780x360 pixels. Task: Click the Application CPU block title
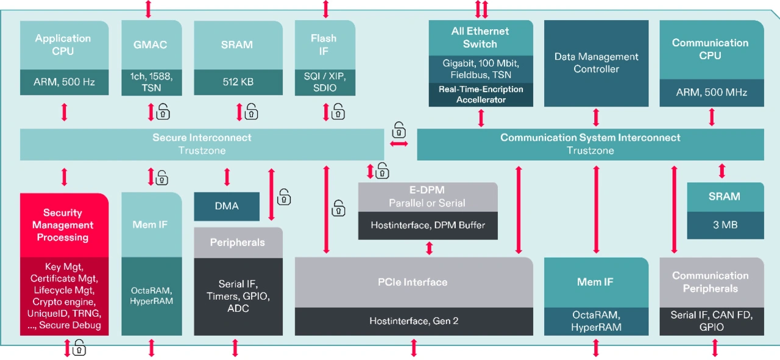click(x=63, y=44)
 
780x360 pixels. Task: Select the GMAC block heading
click(x=150, y=44)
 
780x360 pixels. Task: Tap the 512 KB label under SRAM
click(x=237, y=82)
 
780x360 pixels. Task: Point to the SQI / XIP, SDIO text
click(x=324, y=82)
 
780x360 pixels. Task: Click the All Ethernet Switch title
click(x=480, y=37)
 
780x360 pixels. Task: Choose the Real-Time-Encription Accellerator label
click(x=480, y=94)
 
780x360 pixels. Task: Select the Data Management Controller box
click(x=596, y=63)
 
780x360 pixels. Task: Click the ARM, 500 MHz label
click(x=711, y=93)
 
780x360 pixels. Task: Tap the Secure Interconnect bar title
click(x=202, y=138)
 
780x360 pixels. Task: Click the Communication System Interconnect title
click(x=590, y=138)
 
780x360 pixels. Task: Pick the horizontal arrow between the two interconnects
click(x=399, y=144)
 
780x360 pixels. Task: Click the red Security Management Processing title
click(x=63, y=225)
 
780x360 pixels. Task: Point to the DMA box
click(x=227, y=206)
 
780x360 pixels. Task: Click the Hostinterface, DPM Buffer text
click(x=427, y=225)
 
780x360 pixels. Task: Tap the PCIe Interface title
click(x=413, y=282)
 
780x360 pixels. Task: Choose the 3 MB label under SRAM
click(x=725, y=225)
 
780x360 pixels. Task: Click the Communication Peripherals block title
click(x=711, y=282)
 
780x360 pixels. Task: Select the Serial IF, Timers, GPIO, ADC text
click(x=238, y=296)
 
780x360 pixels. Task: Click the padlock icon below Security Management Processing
click(x=79, y=348)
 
